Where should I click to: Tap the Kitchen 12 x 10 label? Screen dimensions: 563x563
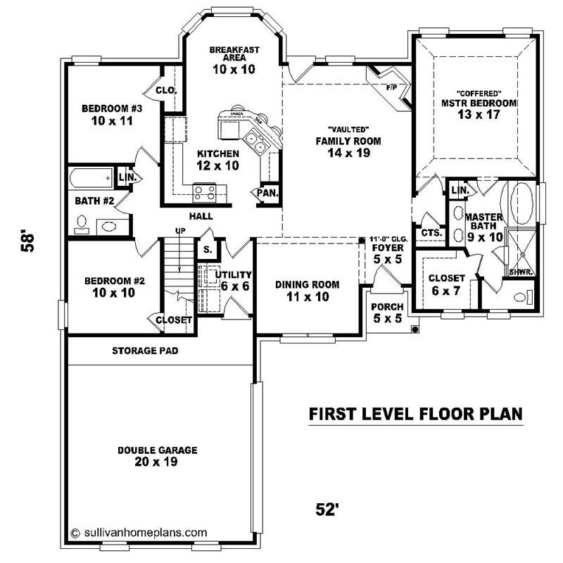pos(217,160)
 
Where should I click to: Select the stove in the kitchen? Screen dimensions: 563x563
pos(205,191)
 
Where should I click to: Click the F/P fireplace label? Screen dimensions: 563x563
pos(392,88)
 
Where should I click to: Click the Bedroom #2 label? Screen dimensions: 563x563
pos(114,286)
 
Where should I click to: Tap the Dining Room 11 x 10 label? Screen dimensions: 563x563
pos(307,290)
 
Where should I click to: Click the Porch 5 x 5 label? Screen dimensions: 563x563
pos(387,312)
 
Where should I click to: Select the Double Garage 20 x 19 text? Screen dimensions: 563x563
pos(158,456)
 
